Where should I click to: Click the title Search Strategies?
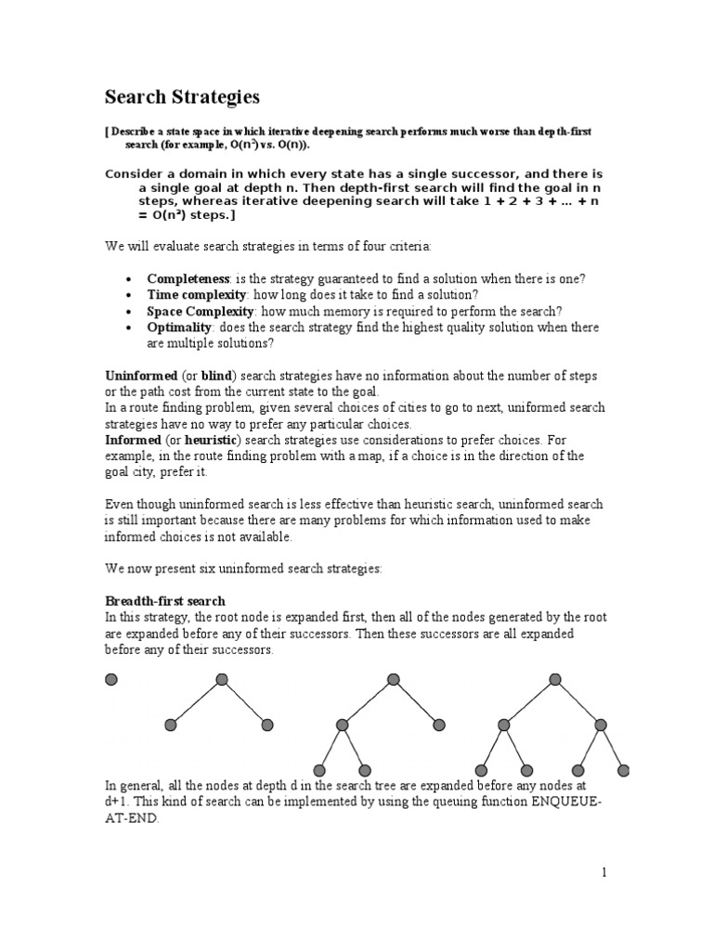pos(182,96)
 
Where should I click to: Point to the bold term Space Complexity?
pos(200,311)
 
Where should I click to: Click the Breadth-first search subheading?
pos(165,601)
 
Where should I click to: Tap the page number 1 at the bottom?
pos(603,872)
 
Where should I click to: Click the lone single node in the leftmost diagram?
pos(111,680)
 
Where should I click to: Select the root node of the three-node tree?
pos(221,680)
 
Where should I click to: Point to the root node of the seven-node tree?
pos(555,680)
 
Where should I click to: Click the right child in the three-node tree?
pos(267,725)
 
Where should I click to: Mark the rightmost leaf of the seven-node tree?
pos(624,769)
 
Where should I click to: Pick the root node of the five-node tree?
pos(390,680)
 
